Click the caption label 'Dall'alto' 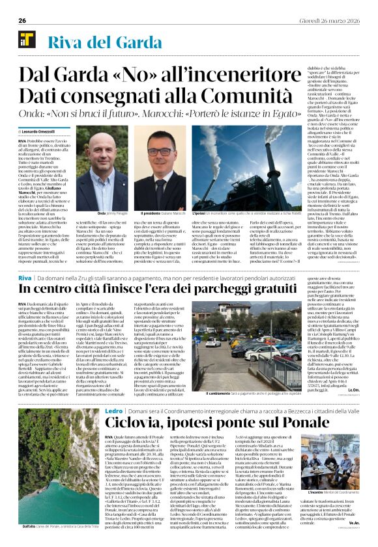28,526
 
